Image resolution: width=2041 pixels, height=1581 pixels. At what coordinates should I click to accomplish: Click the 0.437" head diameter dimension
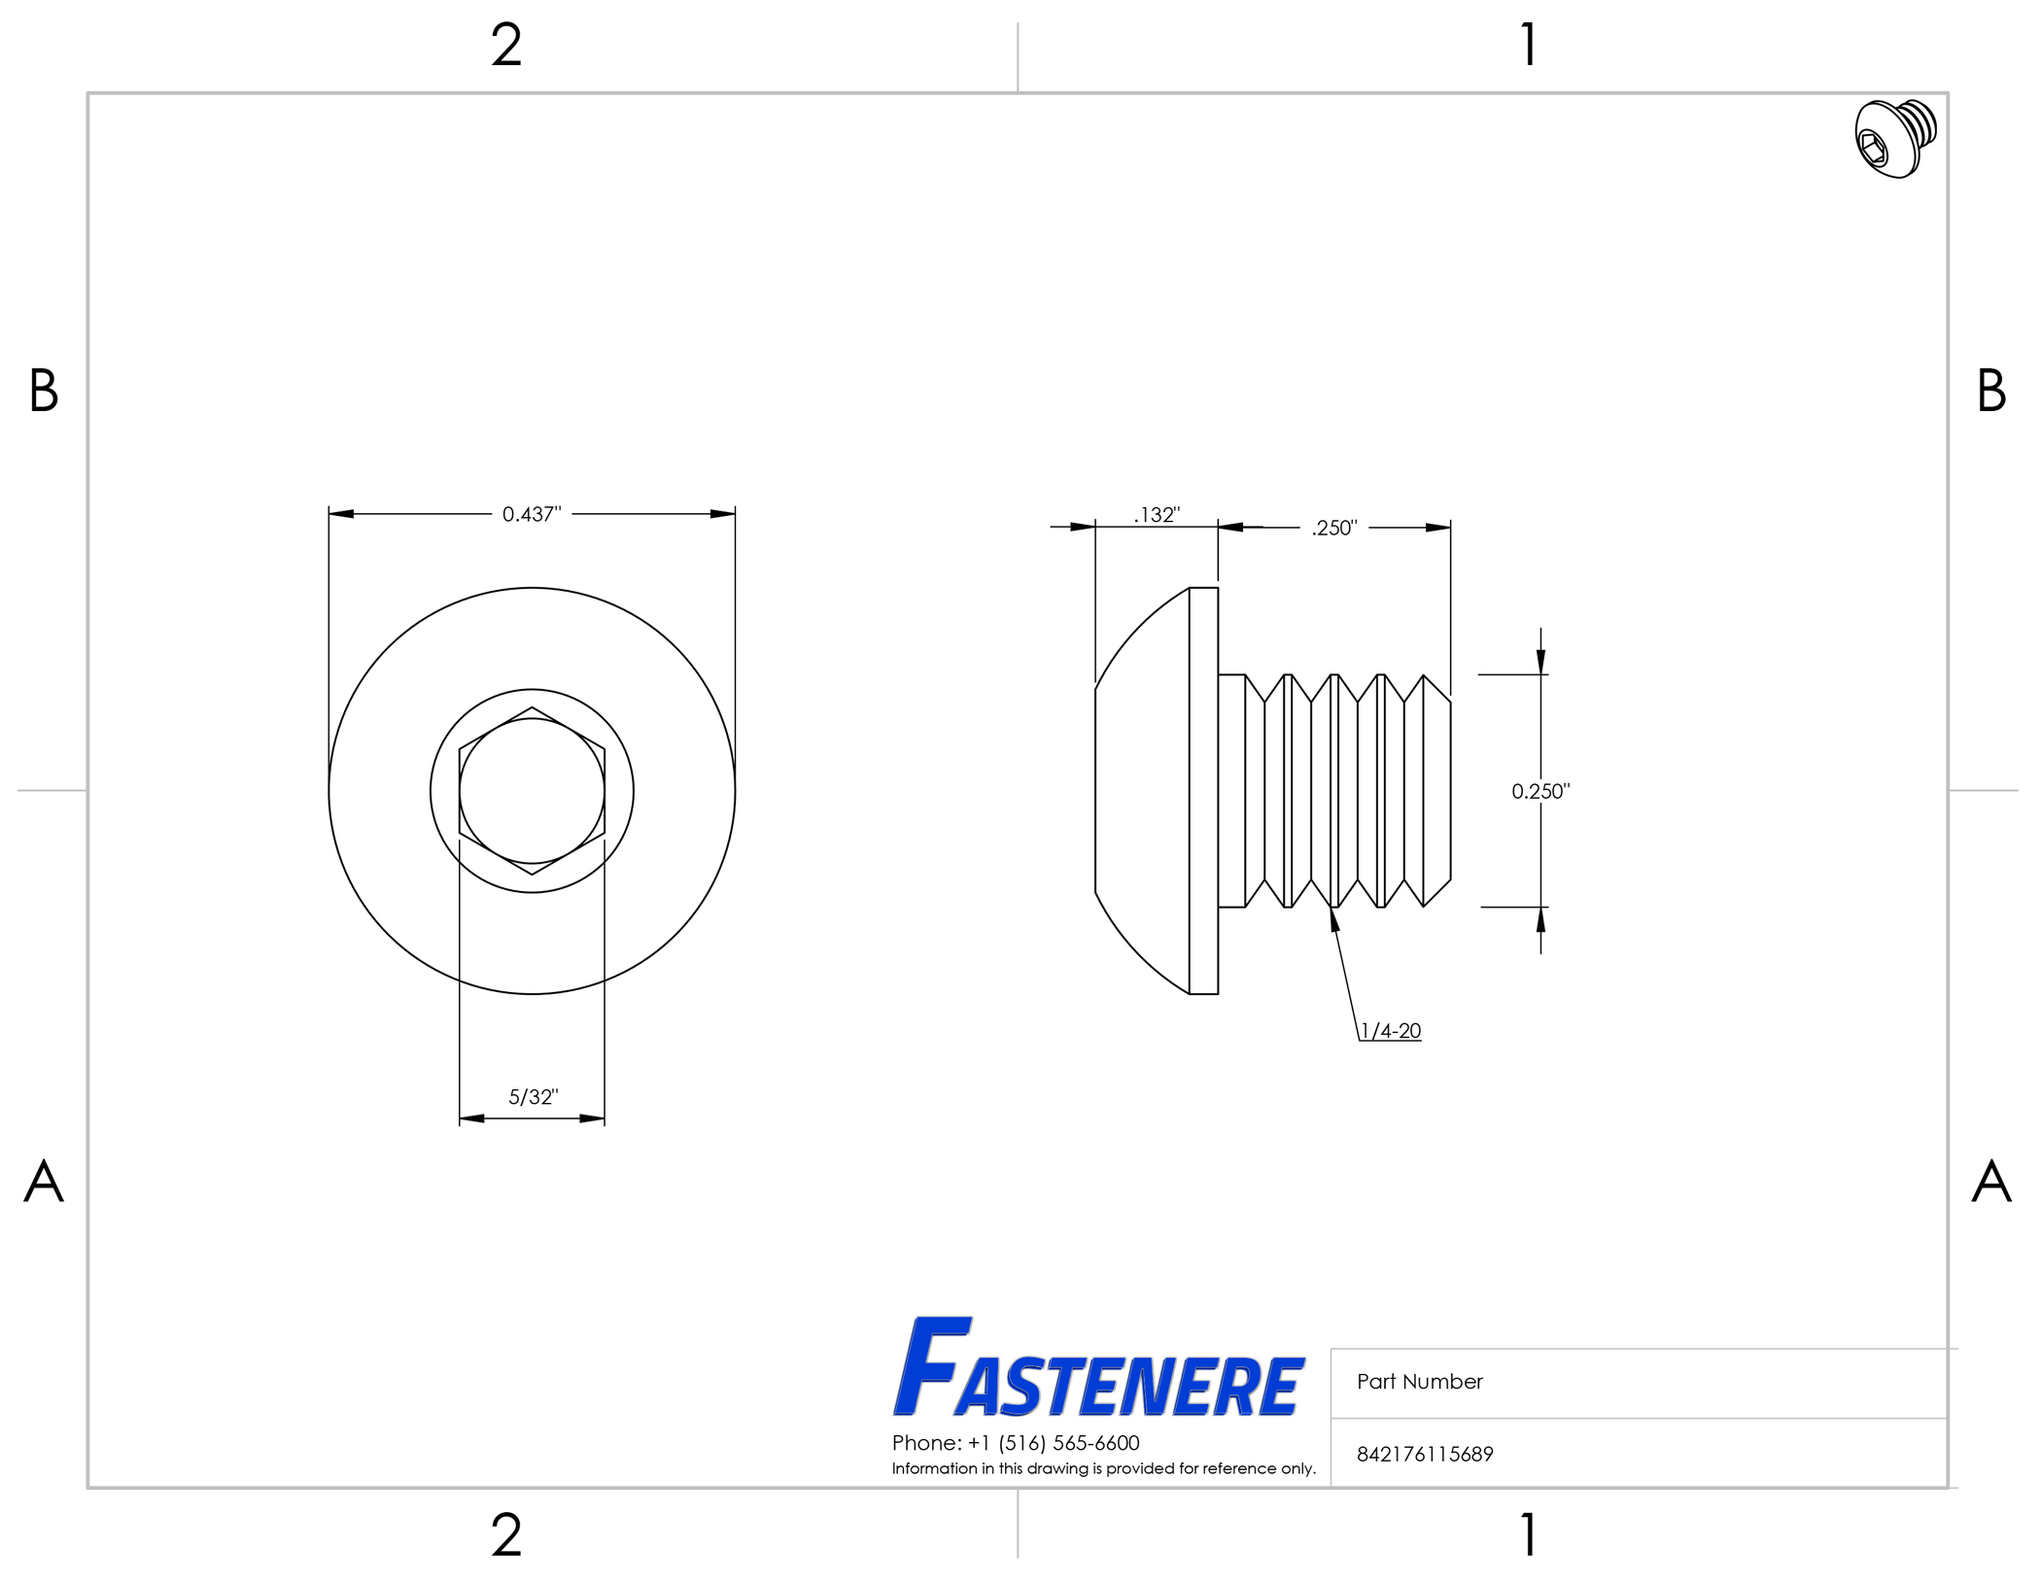click(x=532, y=514)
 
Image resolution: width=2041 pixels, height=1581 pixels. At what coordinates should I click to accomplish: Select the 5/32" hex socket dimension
click(x=534, y=1097)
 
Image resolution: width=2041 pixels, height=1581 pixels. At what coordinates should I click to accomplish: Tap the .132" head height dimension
click(x=1157, y=515)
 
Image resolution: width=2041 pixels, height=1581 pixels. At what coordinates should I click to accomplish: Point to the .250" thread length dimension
click(x=1334, y=528)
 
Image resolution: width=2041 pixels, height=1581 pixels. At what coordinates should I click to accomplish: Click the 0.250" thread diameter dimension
click(x=1540, y=791)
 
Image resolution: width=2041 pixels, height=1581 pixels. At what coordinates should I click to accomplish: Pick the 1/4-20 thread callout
click(x=1391, y=1031)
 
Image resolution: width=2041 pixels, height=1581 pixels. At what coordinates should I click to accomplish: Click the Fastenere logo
click(x=1098, y=1367)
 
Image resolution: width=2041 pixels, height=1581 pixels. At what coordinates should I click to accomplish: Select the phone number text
click(x=1016, y=1443)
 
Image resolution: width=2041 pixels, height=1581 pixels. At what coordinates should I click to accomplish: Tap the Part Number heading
click(x=1420, y=1382)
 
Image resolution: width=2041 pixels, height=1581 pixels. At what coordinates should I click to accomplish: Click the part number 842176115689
click(x=1425, y=1455)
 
